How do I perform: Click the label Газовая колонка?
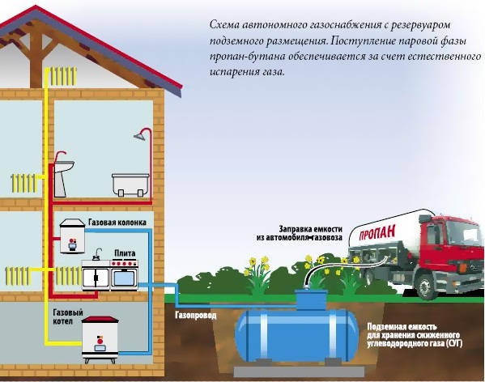click(x=117, y=223)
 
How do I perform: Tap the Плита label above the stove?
click(x=125, y=253)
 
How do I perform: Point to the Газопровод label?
click(x=196, y=316)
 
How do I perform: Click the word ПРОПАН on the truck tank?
click(x=377, y=233)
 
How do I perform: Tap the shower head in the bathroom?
click(x=140, y=136)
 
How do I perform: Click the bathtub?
click(x=130, y=185)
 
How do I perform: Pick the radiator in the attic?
click(x=63, y=77)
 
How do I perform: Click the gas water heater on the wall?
click(x=73, y=236)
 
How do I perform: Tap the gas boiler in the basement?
click(x=100, y=339)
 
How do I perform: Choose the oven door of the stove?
click(x=124, y=278)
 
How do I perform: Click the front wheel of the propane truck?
click(x=426, y=286)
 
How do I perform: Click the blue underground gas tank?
click(x=296, y=333)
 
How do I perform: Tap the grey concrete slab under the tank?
click(x=299, y=371)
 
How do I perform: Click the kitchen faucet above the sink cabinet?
click(x=98, y=254)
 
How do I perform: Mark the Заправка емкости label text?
click(x=311, y=229)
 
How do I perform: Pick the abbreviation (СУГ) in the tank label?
click(x=454, y=343)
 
